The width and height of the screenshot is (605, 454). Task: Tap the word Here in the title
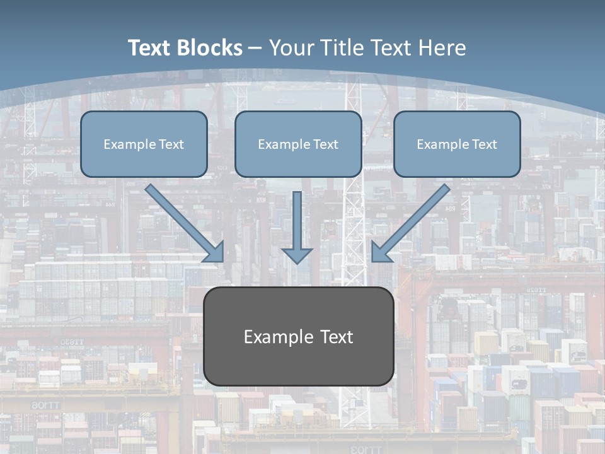click(443, 48)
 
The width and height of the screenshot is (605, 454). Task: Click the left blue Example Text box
click(144, 144)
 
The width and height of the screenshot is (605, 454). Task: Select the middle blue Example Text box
click(298, 144)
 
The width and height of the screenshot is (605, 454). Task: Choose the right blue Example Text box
click(457, 144)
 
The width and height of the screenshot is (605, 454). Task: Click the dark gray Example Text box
click(298, 336)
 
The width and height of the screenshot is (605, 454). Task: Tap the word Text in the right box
click(484, 144)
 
